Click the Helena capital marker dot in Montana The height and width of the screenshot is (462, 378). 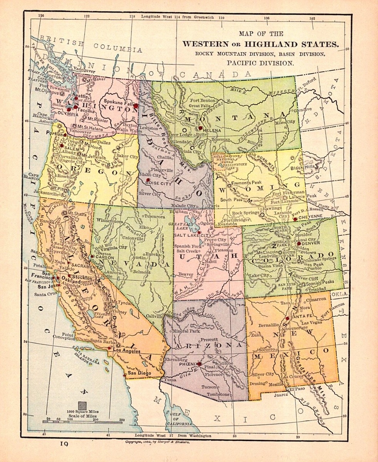(x=200, y=128)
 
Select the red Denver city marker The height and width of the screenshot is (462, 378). (x=299, y=244)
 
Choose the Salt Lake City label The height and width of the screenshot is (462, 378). (x=193, y=235)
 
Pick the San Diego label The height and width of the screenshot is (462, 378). (x=137, y=373)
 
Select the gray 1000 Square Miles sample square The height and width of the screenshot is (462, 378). (x=82, y=405)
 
